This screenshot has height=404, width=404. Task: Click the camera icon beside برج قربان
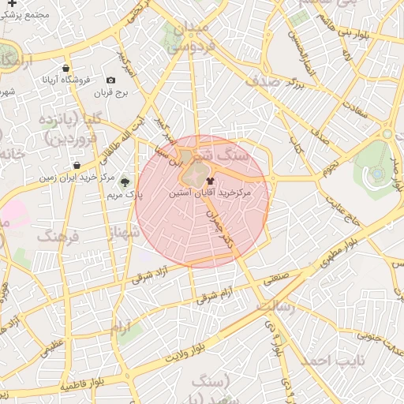(x=110, y=80)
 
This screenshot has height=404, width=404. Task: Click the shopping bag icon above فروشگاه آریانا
(x=65, y=68)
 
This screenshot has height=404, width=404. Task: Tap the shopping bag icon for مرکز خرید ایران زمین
(x=76, y=165)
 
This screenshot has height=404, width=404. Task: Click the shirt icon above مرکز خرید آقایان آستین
(x=209, y=181)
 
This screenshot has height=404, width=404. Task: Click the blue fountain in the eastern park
(x=378, y=173)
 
